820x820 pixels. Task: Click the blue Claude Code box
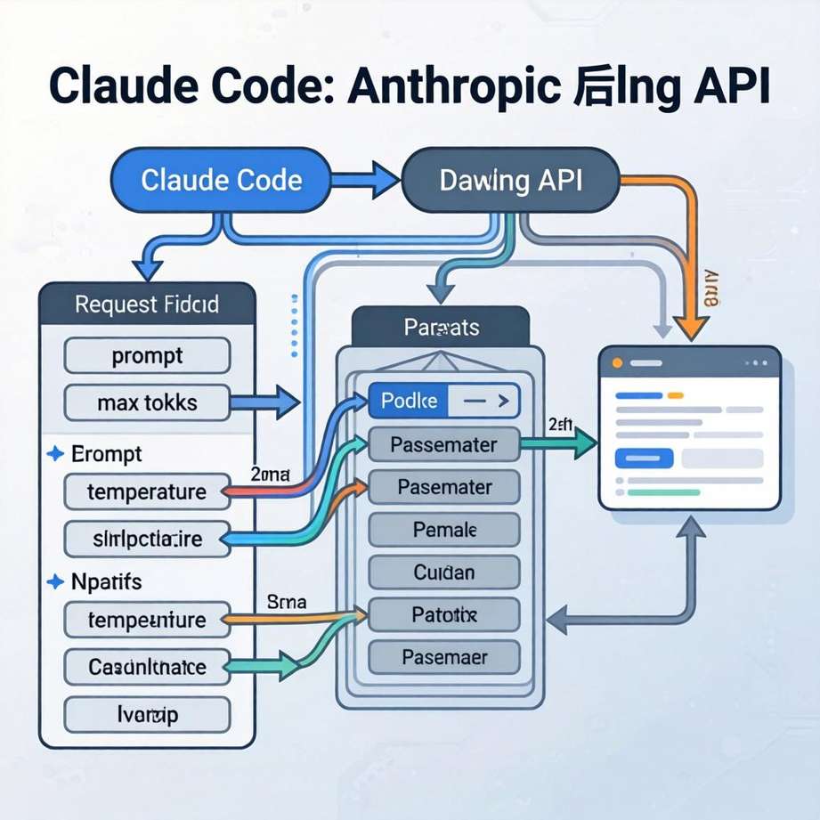tap(221, 181)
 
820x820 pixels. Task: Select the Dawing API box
tap(510, 181)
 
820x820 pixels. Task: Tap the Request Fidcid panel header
tap(147, 305)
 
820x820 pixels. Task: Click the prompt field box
tap(147, 356)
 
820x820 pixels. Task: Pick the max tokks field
tap(147, 403)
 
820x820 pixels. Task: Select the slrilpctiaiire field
tap(147, 539)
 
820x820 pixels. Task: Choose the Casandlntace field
tap(147, 666)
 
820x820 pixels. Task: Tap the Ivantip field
tap(147, 713)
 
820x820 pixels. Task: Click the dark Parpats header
tap(441, 328)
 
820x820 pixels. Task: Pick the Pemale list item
tap(443, 531)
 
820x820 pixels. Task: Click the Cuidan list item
tap(443, 572)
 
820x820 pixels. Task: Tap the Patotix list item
tap(443, 614)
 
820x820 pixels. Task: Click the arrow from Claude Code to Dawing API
tap(366, 180)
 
